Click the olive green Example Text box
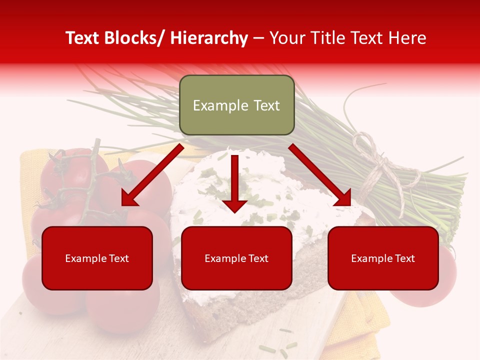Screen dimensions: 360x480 click(x=236, y=105)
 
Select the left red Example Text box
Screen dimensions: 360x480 click(x=97, y=258)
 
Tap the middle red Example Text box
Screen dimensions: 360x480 click(x=236, y=258)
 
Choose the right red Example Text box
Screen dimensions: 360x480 click(x=383, y=258)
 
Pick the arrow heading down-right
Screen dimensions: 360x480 click(x=320, y=175)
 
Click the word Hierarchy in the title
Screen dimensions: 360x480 click(x=208, y=38)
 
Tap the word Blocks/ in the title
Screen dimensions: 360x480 click(x=135, y=38)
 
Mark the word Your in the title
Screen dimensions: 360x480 click(x=286, y=38)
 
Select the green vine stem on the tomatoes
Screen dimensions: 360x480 click(x=90, y=180)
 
